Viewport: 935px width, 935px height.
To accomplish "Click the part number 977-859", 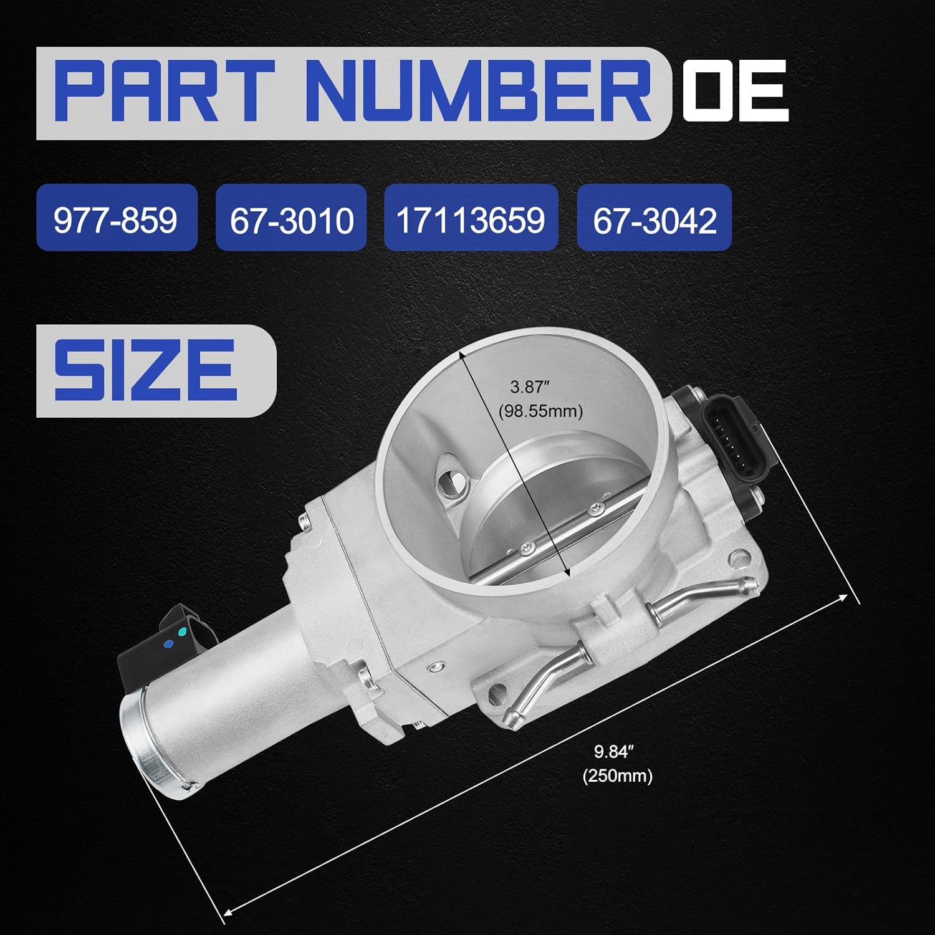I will click(116, 219).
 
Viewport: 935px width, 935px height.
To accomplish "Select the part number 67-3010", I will click(292, 219).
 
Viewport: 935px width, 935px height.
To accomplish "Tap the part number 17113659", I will click(471, 219).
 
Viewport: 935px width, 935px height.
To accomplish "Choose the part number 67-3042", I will click(654, 219).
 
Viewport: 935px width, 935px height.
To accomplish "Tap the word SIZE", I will click(145, 370).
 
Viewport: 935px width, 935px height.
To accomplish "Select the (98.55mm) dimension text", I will click(541, 411).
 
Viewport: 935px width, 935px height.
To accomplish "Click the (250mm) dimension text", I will click(618, 776).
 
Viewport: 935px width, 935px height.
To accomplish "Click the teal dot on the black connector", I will click(181, 632).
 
